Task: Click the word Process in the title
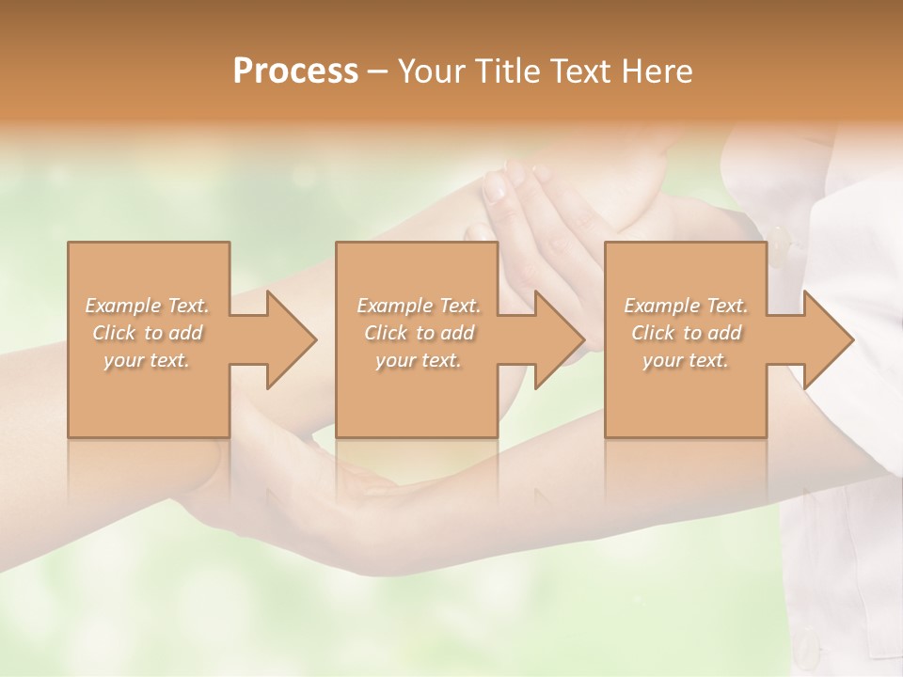[x=295, y=71]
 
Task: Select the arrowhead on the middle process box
[x=558, y=339]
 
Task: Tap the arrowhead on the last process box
[x=827, y=339]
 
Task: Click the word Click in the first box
[x=113, y=333]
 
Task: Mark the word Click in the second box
[x=385, y=333]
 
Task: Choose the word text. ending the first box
[x=169, y=360]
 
